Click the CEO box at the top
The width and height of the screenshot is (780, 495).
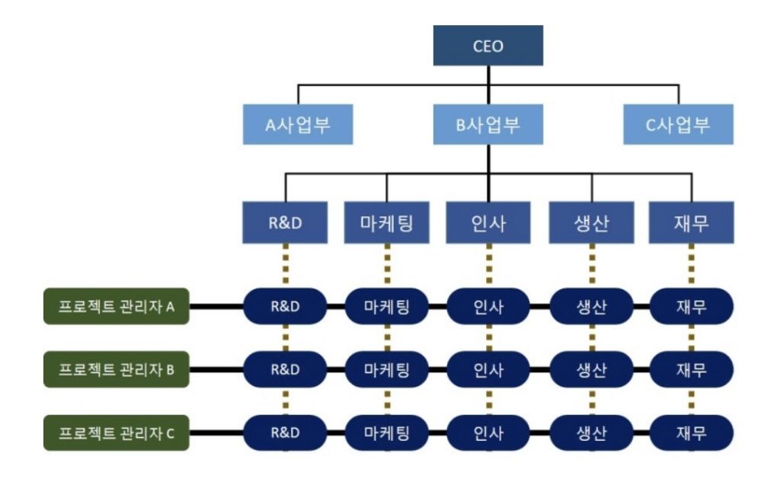click(x=488, y=46)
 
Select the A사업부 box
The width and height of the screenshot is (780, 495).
click(x=298, y=124)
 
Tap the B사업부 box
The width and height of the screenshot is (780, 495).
click(x=488, y=124)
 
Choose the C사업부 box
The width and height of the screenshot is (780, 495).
click(x=678, y=124)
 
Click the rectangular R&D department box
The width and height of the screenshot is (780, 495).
click(x=285, y=222)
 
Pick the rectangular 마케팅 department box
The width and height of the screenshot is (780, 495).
click(x=387, y=222)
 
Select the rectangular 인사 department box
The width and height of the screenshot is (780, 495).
click(x=488, y=222)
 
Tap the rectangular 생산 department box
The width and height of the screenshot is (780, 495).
click(x=591, y=222)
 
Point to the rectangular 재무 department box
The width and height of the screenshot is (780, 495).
click(x=692, y=222)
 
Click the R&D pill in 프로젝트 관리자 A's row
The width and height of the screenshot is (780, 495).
click(x=285, y=307)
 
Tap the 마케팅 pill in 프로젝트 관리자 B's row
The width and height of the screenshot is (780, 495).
click(x=387, y=370)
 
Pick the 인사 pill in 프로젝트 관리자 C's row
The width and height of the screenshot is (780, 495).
click(x=488, y=433)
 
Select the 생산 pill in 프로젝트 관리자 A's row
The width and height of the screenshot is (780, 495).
click(x=591, y=307)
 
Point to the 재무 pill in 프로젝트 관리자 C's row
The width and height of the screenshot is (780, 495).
click(x=692, y=433)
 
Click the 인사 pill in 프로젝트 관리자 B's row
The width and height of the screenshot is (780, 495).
click(x=488, y=370)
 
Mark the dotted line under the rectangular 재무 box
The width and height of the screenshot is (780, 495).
click(x=692, y=266)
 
